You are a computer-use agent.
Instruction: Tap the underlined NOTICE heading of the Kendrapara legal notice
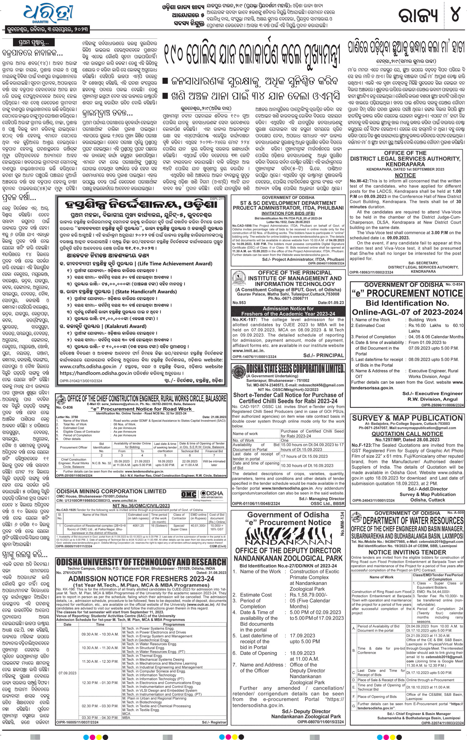tap(405, 175)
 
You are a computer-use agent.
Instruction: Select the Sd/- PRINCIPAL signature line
tap(323, 355)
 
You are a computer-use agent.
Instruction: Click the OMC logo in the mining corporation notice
tap(189, 494)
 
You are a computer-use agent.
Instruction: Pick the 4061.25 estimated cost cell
tap(138, 525)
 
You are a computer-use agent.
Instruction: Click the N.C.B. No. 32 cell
tap(102, 463)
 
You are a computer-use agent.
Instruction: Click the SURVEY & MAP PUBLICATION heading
tap(407, 418)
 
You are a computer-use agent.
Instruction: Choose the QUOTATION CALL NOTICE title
tap(407, 434)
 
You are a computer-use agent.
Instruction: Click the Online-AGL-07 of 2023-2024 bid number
tap(407, 312)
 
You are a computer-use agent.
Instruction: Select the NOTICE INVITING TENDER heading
tap(407, 552)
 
